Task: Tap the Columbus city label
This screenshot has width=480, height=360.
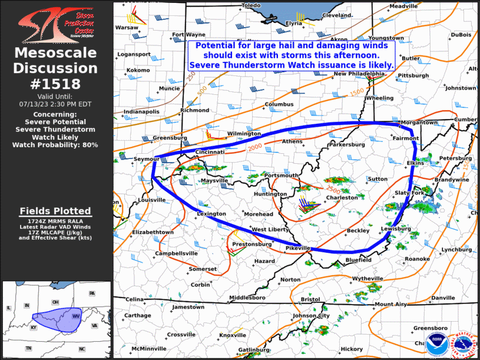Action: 279,104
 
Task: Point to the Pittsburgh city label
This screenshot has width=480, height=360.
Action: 413,76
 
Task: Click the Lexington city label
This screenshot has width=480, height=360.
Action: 211,214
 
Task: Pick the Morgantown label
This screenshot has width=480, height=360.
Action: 419,123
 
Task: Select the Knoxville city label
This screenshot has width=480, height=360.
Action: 232,335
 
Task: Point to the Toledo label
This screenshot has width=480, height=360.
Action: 250,5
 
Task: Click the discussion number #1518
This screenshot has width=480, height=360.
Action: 56,84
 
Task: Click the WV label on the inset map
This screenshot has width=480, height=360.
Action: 76,316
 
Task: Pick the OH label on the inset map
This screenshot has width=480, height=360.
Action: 56,302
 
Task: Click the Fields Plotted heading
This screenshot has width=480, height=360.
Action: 55,211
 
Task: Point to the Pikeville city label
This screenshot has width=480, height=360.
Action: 297,249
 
